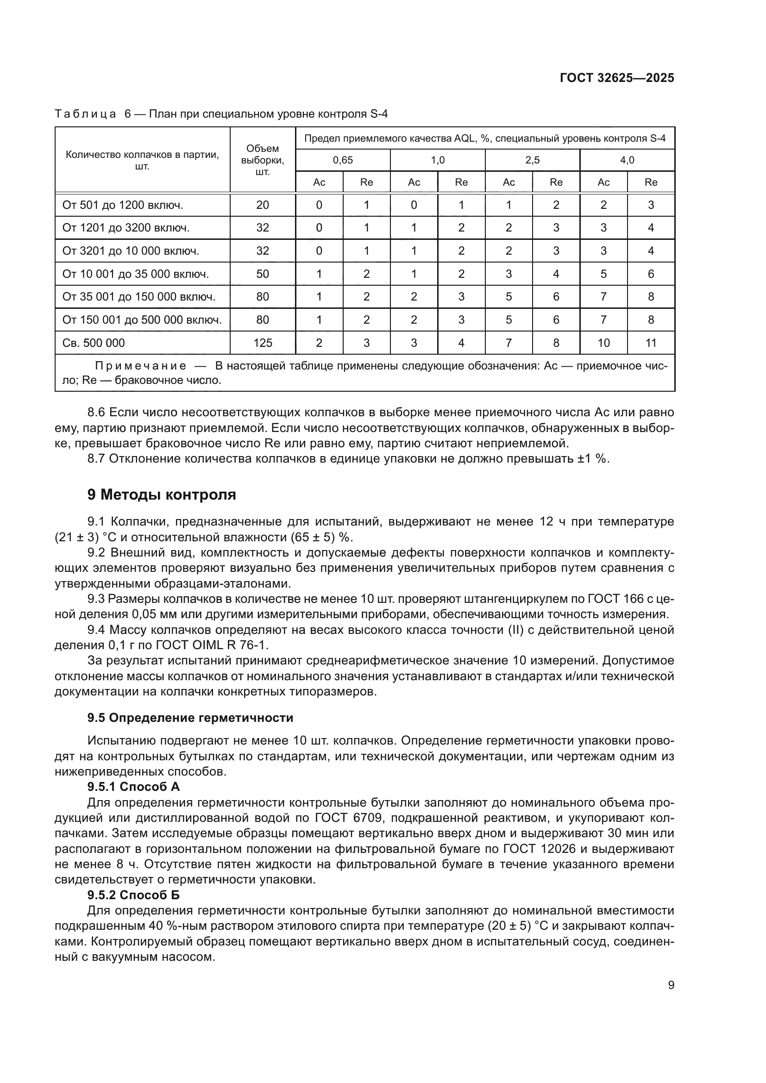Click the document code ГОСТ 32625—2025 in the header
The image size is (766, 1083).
[617, 78]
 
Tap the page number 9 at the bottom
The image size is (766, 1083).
[671, 985]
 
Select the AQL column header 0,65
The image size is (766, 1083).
[343, 160]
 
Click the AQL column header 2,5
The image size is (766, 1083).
[533, 160]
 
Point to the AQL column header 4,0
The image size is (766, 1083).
[627, 160]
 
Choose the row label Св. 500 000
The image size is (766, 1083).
[94, 343]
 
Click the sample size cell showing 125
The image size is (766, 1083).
[263, 343]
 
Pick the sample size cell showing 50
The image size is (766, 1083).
[263, 274]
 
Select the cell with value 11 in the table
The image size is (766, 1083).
[651, 343]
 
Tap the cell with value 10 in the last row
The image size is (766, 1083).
[604, 343]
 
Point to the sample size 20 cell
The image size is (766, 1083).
[263, 205]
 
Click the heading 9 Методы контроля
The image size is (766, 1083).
[161, 495]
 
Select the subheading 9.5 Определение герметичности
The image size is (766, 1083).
[190, 718]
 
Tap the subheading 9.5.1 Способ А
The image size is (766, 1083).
[133, 787]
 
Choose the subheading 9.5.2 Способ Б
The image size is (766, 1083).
[133, 895]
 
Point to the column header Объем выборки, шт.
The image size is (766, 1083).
[263, 160]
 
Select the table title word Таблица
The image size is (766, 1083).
[85, 114]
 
